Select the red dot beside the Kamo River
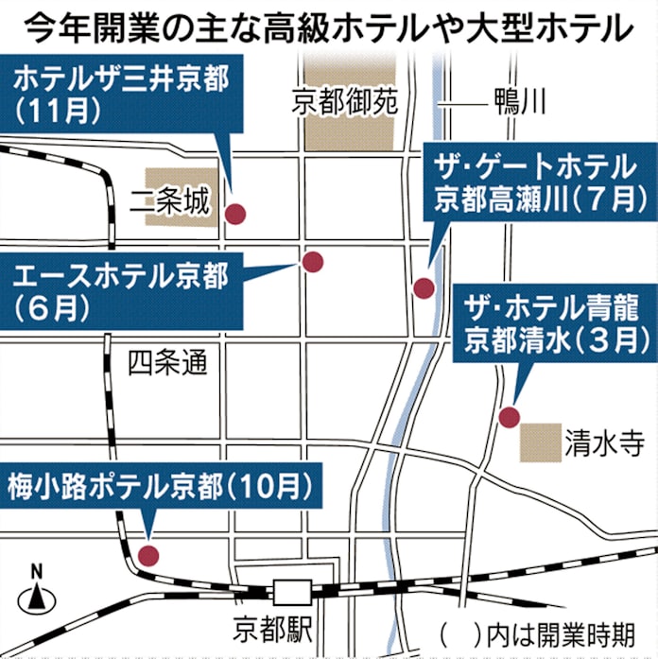424,287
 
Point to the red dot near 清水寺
509,416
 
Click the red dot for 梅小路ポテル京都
147,555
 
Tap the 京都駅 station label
270,628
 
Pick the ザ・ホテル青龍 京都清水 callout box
553,324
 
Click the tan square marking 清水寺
540,442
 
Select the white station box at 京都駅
288,592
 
